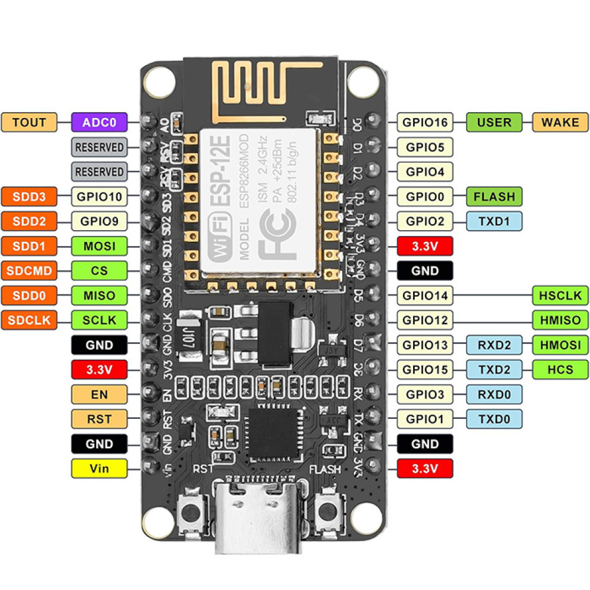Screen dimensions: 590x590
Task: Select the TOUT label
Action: click(x=29, y=122)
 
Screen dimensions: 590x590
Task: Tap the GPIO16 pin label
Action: click(x=425, y=122)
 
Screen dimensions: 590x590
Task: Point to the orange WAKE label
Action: click(x=560, y=122)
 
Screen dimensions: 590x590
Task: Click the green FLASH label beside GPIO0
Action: click(x=494, y=196)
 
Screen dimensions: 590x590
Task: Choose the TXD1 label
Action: click(x=494, y=221)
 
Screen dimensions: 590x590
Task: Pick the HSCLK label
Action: click(x=560, y=295)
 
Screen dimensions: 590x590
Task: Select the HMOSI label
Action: click(x=560, y=345)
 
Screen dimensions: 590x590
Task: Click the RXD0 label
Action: click(x=494, y=394)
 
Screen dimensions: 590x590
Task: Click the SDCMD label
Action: click(x=29, y=271)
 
